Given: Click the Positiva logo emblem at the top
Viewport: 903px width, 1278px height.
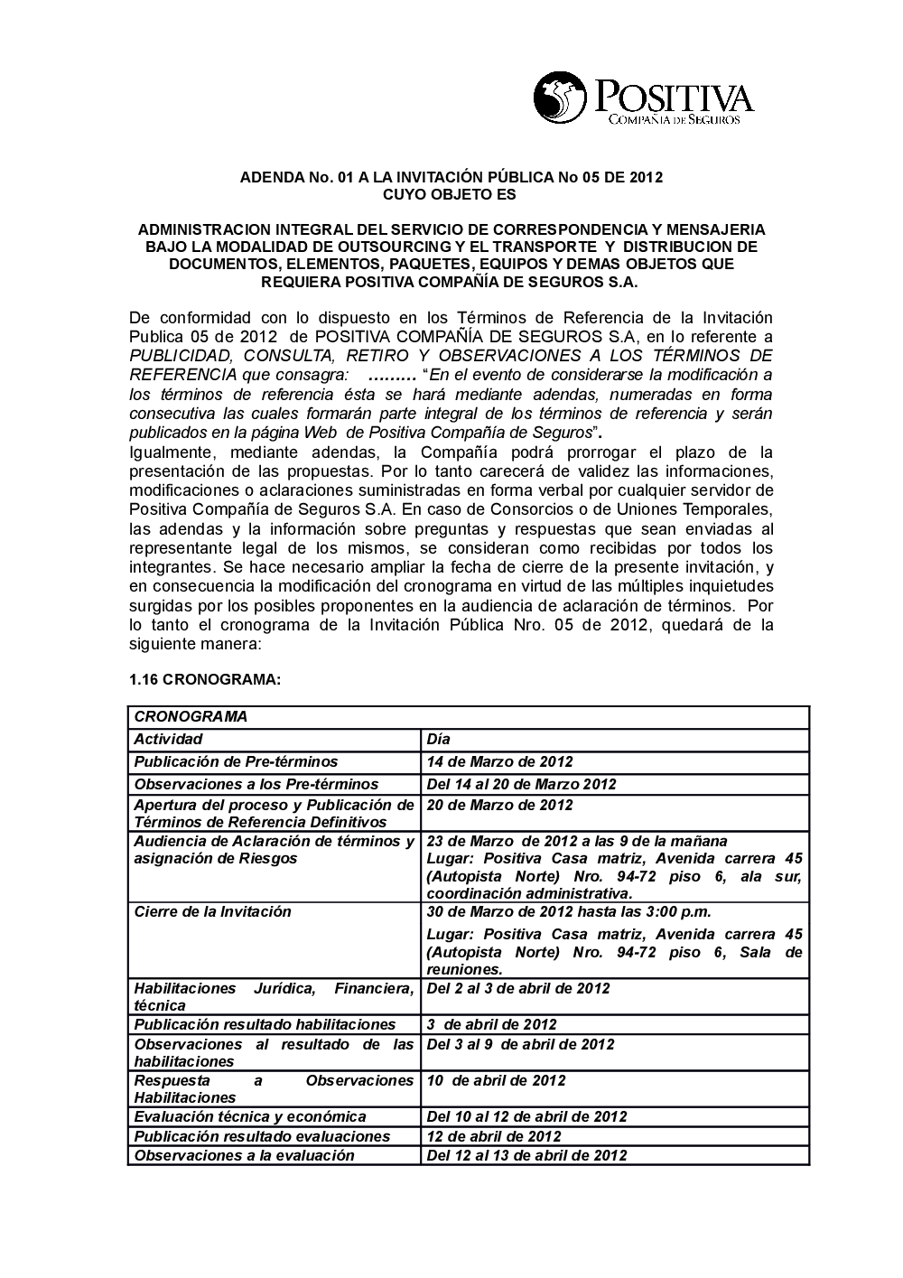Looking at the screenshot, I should pos(560,97).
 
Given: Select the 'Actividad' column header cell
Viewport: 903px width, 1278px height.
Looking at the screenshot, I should pos(169,740).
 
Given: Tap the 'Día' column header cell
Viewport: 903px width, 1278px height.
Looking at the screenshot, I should pos(438,740).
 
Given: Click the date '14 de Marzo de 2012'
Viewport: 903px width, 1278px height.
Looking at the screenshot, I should pos(499,761).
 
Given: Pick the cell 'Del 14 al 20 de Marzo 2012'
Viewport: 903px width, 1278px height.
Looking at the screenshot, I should pos(521,784).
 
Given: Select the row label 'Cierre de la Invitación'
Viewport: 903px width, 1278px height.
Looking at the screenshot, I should pos(213,911).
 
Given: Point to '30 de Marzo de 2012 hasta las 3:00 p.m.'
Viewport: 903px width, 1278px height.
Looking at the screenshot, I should pos(569,911).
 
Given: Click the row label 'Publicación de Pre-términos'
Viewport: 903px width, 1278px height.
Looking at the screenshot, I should pos(236,761).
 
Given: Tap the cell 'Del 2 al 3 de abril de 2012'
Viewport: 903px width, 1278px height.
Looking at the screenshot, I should pos(518,988).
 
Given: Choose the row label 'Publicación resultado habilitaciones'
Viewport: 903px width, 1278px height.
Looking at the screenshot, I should pos(265,1024).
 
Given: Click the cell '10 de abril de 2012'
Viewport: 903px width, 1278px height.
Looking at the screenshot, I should pos(497,1080).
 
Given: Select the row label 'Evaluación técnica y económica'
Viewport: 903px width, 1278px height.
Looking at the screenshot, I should pos(250,1116).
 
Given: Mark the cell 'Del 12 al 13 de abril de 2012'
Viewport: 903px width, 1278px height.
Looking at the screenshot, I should pos(526,1155).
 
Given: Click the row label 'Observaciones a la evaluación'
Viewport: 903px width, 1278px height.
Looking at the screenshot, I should pos(245,1155).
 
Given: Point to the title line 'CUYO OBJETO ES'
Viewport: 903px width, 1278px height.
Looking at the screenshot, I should pos(451,195).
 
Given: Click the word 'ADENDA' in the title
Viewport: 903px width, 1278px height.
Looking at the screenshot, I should pos(267,178).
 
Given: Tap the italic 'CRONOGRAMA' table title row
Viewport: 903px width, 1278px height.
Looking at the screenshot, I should pos(191,716).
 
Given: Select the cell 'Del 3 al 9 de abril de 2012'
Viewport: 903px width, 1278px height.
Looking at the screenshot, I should pos(520,1044).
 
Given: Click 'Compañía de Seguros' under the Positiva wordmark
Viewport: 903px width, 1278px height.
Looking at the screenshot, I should pos(675,119).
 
